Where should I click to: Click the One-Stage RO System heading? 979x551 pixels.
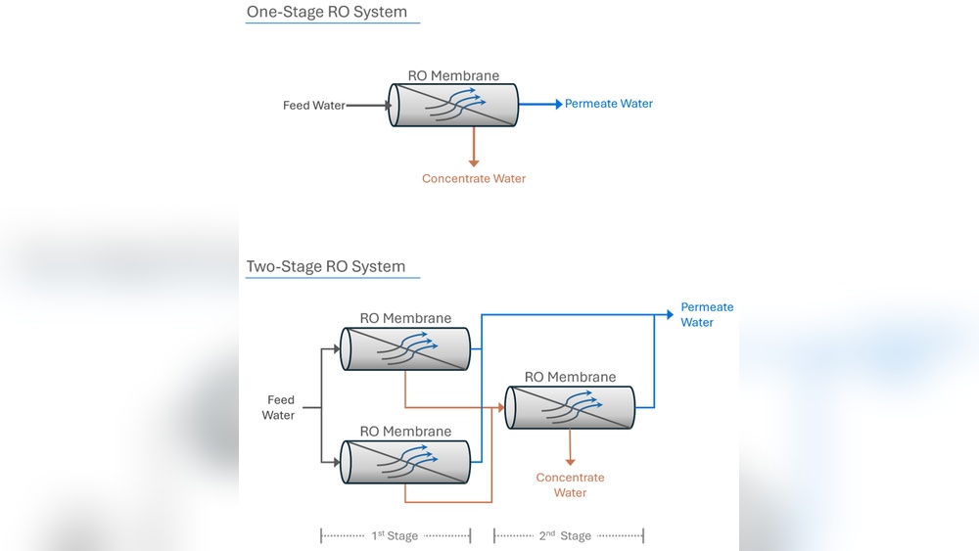(x=326, y=13)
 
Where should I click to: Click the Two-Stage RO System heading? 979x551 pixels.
(x=325, y=266)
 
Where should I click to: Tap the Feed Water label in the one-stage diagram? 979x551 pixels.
(x=314, y=106)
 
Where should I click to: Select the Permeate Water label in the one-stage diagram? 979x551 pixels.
(x=608, y=104)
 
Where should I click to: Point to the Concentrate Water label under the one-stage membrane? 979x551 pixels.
(x=474, y=179)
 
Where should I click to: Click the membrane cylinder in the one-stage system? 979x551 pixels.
(x=453, y=105)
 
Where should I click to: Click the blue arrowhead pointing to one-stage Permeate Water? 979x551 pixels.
(x=557, y=104)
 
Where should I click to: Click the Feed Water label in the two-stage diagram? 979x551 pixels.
(x=279, y=407)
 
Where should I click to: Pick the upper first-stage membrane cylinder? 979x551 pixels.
(x=404, y=348)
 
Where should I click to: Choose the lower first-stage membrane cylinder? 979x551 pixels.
(x=404, y=462)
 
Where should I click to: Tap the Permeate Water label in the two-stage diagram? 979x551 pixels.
(x=705, y=314)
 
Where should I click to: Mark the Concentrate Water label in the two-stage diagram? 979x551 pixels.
(x=570, y=485)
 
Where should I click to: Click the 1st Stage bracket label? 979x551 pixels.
(x=396, y=535)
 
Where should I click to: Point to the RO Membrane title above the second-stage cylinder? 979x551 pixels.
(x=570, y=377)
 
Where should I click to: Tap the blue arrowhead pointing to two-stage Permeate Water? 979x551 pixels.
(x=671, y=314)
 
